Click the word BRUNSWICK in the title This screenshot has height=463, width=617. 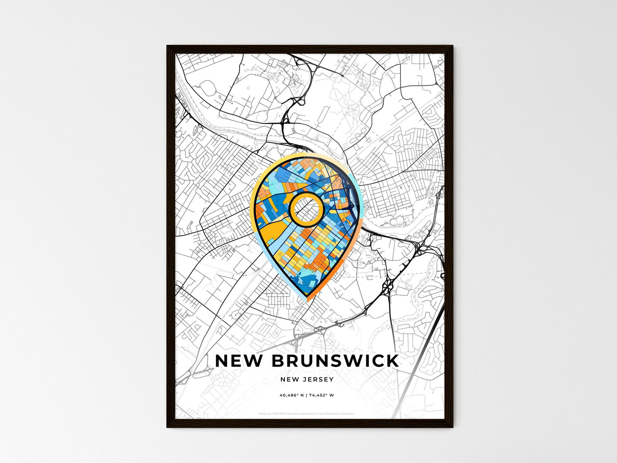coord(335,361)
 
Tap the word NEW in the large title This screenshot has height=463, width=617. coord(239,361)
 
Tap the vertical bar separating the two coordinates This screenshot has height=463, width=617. coord(307,395)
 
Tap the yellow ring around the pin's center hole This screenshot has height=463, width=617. coord(306,195)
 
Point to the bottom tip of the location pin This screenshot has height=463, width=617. coord(307,300)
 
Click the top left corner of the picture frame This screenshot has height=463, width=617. coord(167,46)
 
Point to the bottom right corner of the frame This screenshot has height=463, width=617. coord(452,427)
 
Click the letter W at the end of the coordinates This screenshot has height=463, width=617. coord(332,395)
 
